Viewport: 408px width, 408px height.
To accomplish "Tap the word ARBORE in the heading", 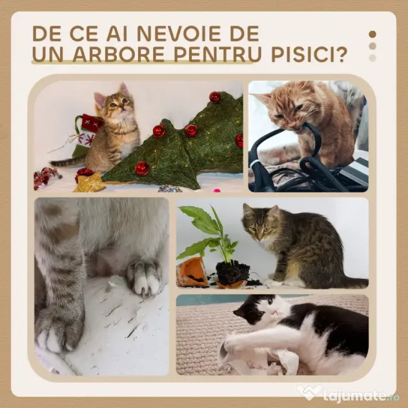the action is pos(118,54).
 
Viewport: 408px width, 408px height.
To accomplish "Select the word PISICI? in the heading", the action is pos(309,54).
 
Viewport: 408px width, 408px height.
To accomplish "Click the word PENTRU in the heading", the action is pos(218,54).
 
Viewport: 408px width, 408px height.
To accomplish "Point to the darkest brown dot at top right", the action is pos(372,34).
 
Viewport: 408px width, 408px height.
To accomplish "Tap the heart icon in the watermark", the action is pos(309,393).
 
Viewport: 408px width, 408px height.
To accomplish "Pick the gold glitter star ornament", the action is pos(89,183).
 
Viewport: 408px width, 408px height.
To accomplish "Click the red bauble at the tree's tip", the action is pos(215,97).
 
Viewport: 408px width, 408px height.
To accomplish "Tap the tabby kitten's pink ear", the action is pos(100,99).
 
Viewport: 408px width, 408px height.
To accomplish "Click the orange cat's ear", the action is pos(263,99).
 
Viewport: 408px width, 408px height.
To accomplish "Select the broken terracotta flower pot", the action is pos(192,272).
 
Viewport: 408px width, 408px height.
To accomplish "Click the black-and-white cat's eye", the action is pos(270,302).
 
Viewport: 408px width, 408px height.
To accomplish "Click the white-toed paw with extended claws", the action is pos(143,278).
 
